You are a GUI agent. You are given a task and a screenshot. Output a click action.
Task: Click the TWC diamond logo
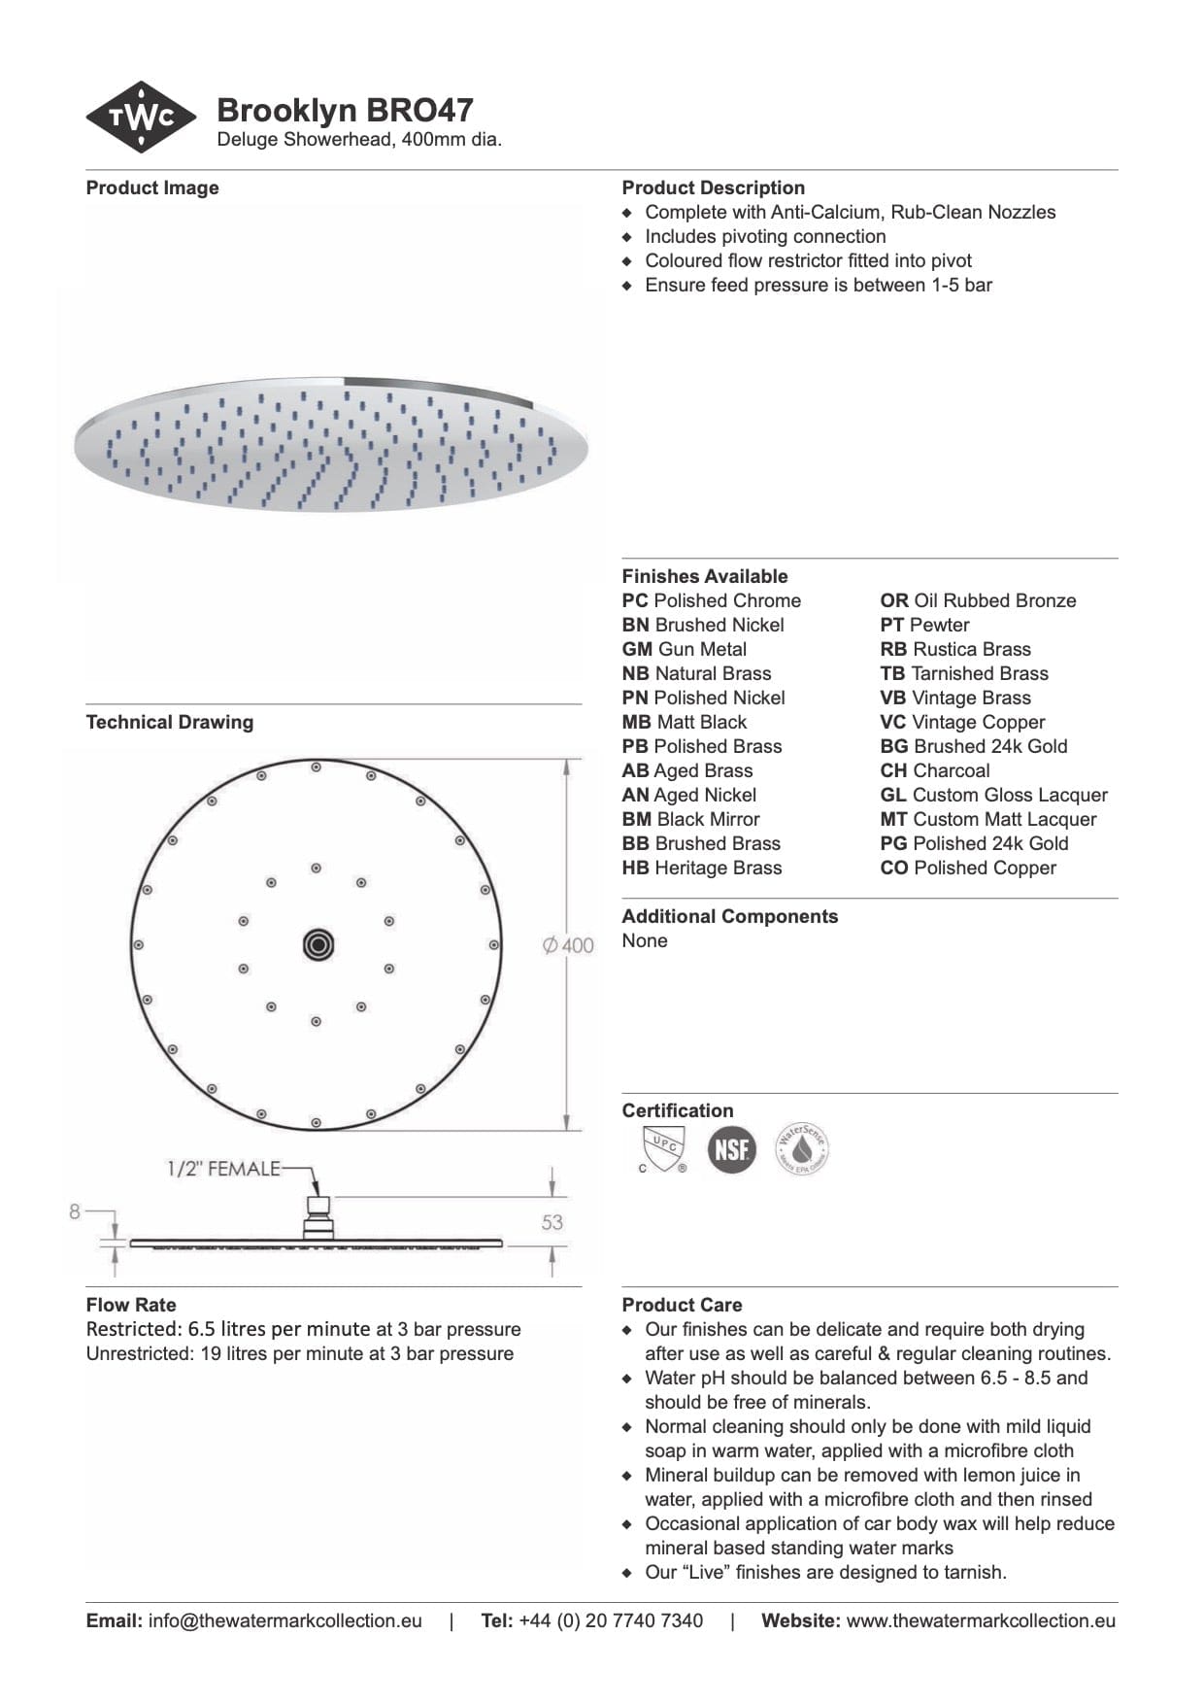click(x=142, y=118)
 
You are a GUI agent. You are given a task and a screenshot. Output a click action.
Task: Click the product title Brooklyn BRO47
click(x=345, y=110)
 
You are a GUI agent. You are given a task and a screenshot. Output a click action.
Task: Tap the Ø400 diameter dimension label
click(x=569, y=945)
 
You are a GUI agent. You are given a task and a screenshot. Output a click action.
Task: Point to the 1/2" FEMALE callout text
click(x=223, y=1169)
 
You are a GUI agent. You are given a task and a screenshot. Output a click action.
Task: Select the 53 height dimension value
click(x=552, y=1222)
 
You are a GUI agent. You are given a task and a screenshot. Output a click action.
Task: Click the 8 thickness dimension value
click(x=75, y=1211)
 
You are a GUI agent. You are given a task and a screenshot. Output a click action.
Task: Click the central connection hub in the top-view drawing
click(x=318, y=944)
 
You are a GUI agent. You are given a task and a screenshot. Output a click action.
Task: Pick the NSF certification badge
click(x=731, y=1150)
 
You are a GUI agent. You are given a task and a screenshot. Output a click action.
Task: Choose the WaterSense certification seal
click(x=802, y=1150)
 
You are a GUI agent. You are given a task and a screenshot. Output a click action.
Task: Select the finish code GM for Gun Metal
click(x=636, y=649)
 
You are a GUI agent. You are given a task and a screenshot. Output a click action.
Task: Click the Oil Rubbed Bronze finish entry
click(x=978, y=600)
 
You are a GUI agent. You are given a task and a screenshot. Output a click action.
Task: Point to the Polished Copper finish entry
click(x=968, y=868)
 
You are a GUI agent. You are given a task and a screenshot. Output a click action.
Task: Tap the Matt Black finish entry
click(x=685, y=722)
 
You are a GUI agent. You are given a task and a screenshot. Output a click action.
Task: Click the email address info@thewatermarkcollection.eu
click(x=284, y=1620)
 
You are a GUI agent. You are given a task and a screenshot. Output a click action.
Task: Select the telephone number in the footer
click(x=611, y=1620)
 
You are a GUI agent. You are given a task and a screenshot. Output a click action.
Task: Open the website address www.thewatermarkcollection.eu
click(x=981, y=1620)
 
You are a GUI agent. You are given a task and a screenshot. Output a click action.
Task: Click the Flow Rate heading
click(x=131, y=1305)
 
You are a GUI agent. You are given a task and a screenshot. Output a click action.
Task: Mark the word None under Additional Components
click(x=645, y=940)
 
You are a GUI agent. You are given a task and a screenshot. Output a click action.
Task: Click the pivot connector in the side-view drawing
click(x=318, y=1215)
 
